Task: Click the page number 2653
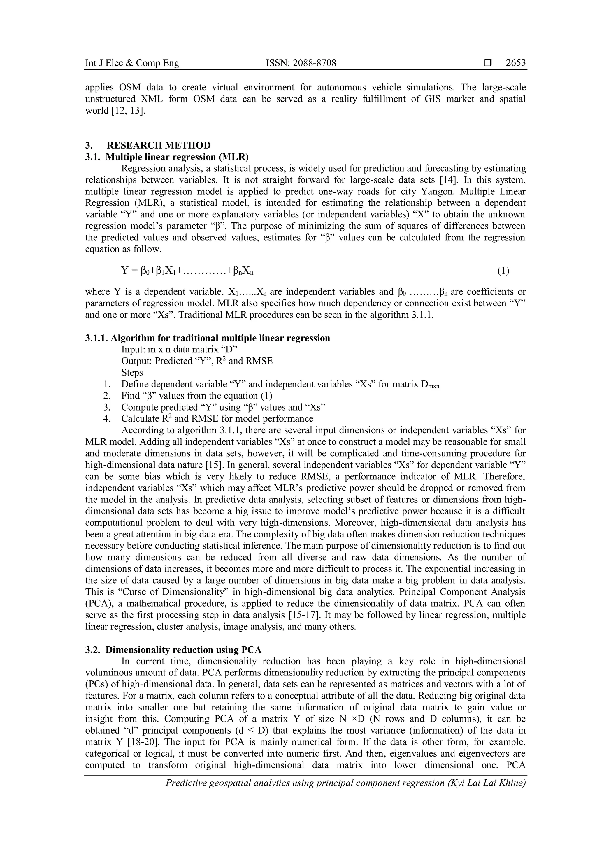[515, 63]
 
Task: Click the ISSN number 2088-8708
[301, 63]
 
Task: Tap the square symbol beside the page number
[488, 63]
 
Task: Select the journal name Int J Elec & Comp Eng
[132, 63]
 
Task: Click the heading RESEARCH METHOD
[159, 145]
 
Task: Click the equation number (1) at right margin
[503, 271]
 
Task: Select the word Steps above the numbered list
[132, 372]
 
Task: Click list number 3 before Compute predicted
[107, 407]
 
